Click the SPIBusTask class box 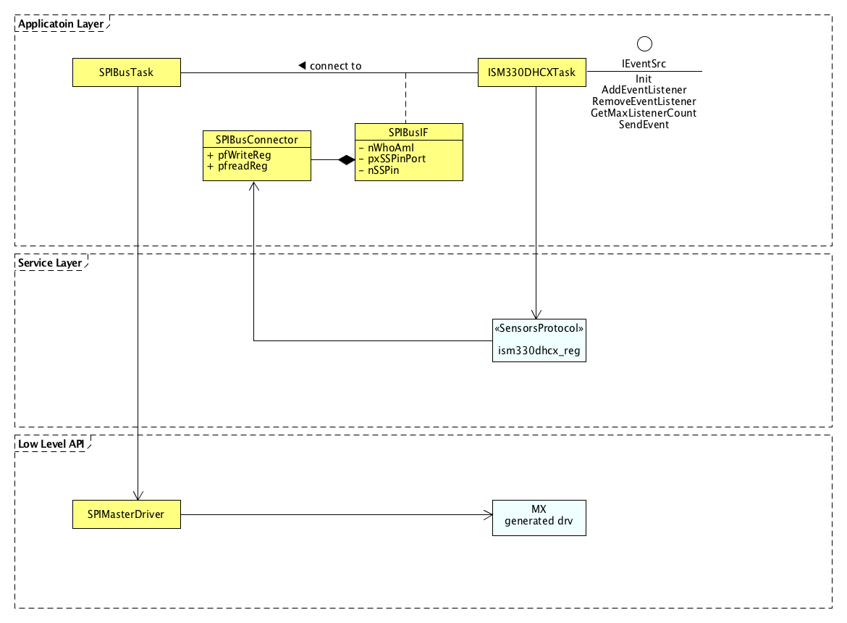[x=127, y=72]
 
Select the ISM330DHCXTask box [x=532, y=72]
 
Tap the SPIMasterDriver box [x=127, y=514]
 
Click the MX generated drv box [x=539, y=517]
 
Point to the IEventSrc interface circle [x=644, y=44]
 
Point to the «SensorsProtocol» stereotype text [x=539, y=328]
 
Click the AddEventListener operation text [x=644, y=90]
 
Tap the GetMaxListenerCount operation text [x=644, y=113]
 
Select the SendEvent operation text [x=644, y=125]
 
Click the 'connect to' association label [x=335, y=66]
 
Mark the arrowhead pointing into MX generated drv [x=488, y=515]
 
